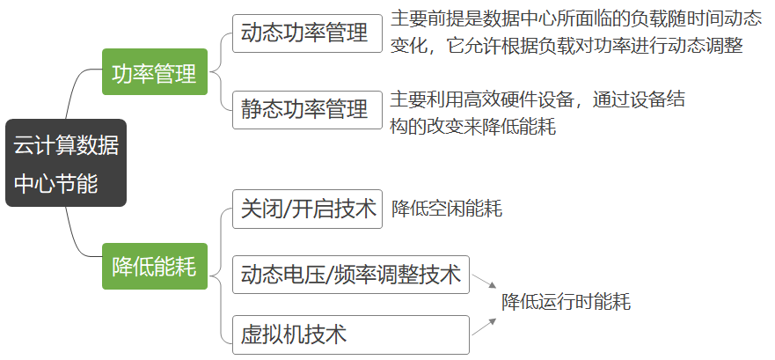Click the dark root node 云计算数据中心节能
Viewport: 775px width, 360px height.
pyautogui.click(x=66, y=164)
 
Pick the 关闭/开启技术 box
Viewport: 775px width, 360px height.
pyautogui.click(x=307, y=209)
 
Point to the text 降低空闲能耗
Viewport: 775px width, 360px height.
pyautogui.click(x=447, y=209)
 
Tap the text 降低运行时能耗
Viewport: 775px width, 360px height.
pyautogui.click(x=566, y=303)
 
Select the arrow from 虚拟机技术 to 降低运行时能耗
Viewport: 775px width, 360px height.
pyautogui.click(x=483, y=327)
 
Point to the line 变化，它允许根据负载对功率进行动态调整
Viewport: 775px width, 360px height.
pyautogui.click(x=567, y=46)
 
